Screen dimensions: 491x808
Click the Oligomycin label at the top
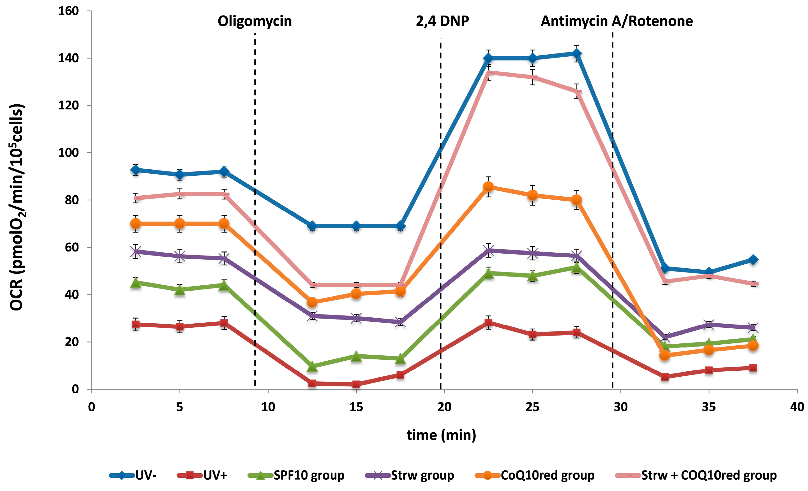coord(254,21)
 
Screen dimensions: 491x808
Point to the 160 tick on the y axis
coord(69,11)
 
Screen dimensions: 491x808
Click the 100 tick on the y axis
coord(69,153)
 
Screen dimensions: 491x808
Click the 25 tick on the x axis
coord(532,407)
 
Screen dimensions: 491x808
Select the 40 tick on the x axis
coord(797,407)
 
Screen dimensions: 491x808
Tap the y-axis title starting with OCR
coord(16,207)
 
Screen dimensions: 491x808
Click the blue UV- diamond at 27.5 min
coord(577,53)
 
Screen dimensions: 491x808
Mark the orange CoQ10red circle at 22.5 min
coord(488,187)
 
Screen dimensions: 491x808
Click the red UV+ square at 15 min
coord(356,384)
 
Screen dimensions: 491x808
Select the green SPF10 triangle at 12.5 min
coord(312,366)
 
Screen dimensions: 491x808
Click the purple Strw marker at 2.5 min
coord(136,252)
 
